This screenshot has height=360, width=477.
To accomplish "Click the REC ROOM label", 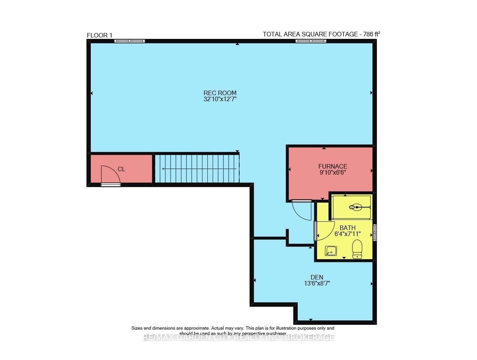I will point(220,93).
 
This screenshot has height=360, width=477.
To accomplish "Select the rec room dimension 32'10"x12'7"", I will point(220,99).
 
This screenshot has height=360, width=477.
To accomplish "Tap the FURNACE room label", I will point(333,166).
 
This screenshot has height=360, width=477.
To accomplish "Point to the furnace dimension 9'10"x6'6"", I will point(333,173).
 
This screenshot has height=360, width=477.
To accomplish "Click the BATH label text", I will point(347,228).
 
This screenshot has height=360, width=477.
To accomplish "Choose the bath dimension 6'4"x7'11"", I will point(347,234).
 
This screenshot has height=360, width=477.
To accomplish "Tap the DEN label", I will point(316,277).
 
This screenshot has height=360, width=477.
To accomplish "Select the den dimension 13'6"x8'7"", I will point(317,284).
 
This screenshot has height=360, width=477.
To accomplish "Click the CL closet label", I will point(121,169).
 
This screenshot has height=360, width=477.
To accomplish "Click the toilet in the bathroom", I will point(357,249).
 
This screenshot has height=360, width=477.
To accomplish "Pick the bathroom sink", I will point(330,251).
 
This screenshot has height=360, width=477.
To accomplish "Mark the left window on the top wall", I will point(129,41).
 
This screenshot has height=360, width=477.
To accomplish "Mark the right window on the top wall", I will point(310,41).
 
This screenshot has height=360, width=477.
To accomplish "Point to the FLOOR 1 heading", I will point(99,35).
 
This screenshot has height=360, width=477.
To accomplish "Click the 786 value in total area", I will point(368,34).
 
